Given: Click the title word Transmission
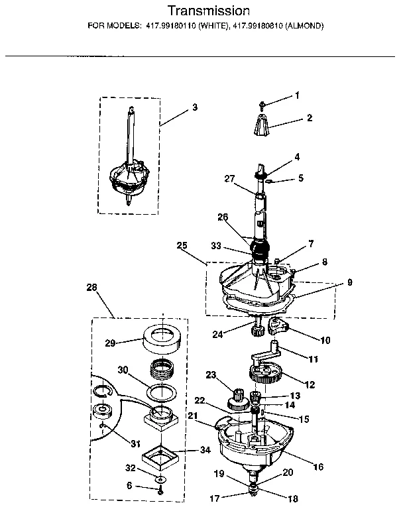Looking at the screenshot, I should (x=207, y=11).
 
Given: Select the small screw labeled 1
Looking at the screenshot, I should (x=264, y=103).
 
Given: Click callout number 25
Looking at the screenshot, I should (x=182, y=245).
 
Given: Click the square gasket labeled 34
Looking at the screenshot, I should (x=162, y=457).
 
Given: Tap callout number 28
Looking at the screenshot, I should (x=91, y=287).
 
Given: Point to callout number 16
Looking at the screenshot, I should (x=318, y=467).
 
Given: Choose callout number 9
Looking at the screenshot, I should (x=349, y=282).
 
